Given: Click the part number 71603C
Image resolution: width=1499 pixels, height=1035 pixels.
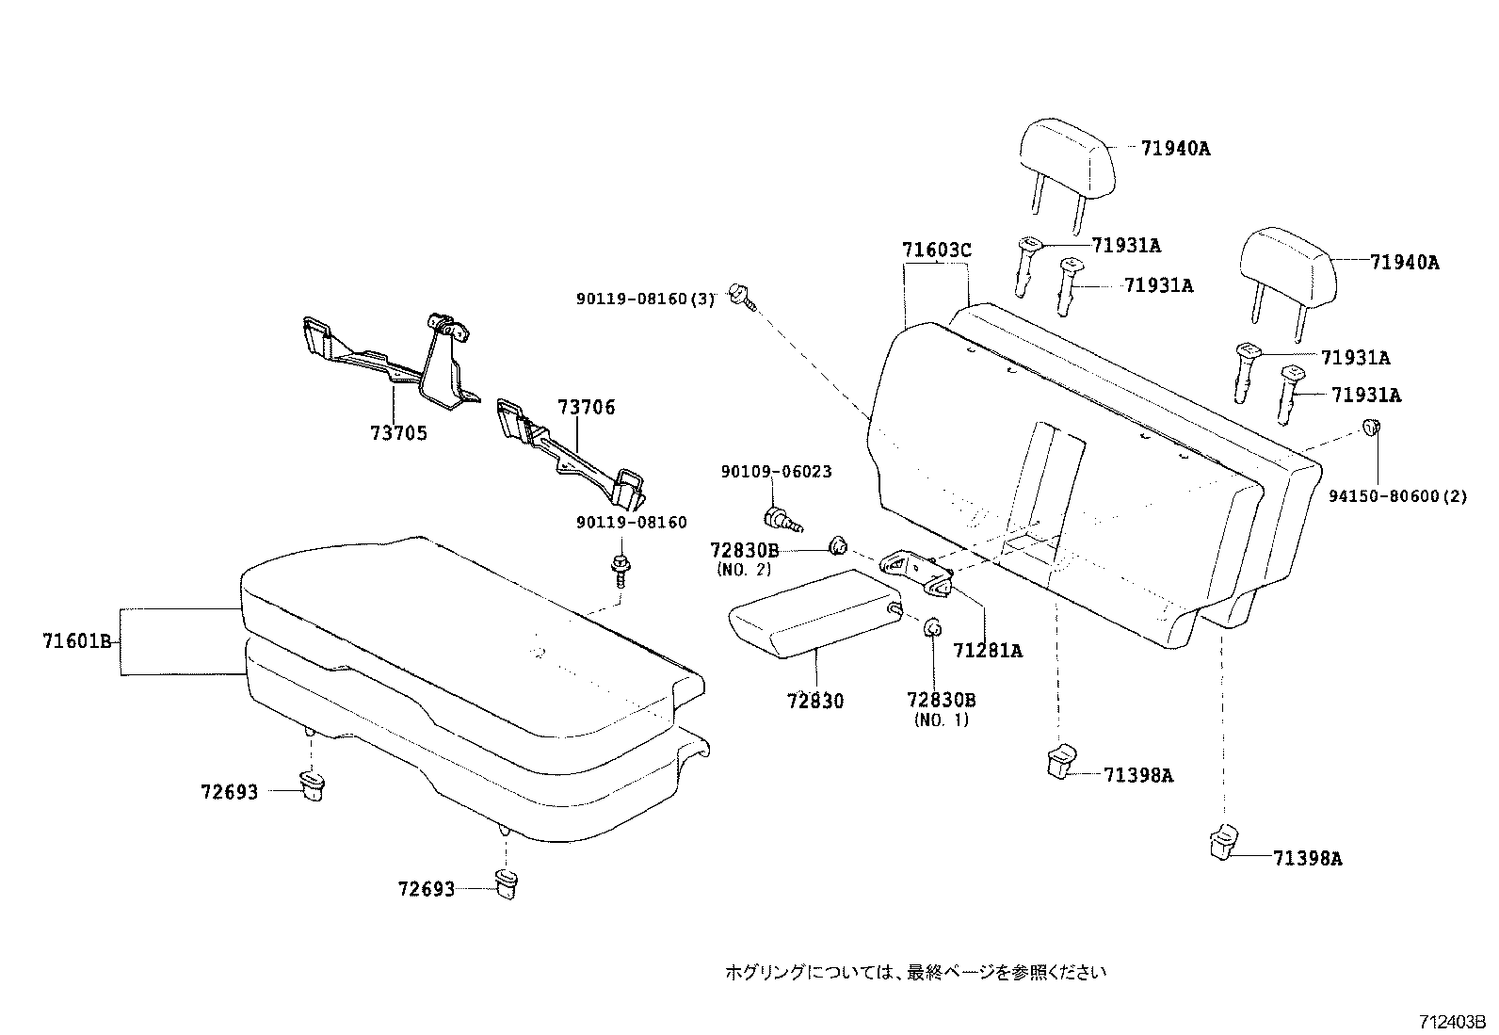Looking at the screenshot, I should [936, 251].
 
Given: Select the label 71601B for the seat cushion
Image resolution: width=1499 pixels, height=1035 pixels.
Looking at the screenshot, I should [77, 642].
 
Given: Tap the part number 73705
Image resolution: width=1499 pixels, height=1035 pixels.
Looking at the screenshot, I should [398, 433].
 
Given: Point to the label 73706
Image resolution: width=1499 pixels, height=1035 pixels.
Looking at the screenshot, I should [586, 407].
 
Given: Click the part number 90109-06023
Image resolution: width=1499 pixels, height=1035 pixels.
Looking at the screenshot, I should [776, 472].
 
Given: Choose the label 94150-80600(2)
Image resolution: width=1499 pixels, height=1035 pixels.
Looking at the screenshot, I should [1397, 496].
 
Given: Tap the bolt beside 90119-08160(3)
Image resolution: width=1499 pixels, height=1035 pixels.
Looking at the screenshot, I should [739, 296].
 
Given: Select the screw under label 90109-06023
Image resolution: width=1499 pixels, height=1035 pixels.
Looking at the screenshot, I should [778, 518].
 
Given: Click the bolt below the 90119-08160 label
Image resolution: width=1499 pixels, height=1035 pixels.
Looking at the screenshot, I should [621, 570].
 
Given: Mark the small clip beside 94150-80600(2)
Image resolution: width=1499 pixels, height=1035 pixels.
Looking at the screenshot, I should [1372, 429].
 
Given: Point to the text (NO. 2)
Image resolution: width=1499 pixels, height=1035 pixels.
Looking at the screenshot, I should [743, 569].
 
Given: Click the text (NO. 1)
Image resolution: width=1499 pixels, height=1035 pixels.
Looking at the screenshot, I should [941, 720].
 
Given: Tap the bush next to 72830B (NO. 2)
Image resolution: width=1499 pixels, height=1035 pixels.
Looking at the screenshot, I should [837, 545].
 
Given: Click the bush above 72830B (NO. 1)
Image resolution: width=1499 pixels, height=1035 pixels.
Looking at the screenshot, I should [932, 627].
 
